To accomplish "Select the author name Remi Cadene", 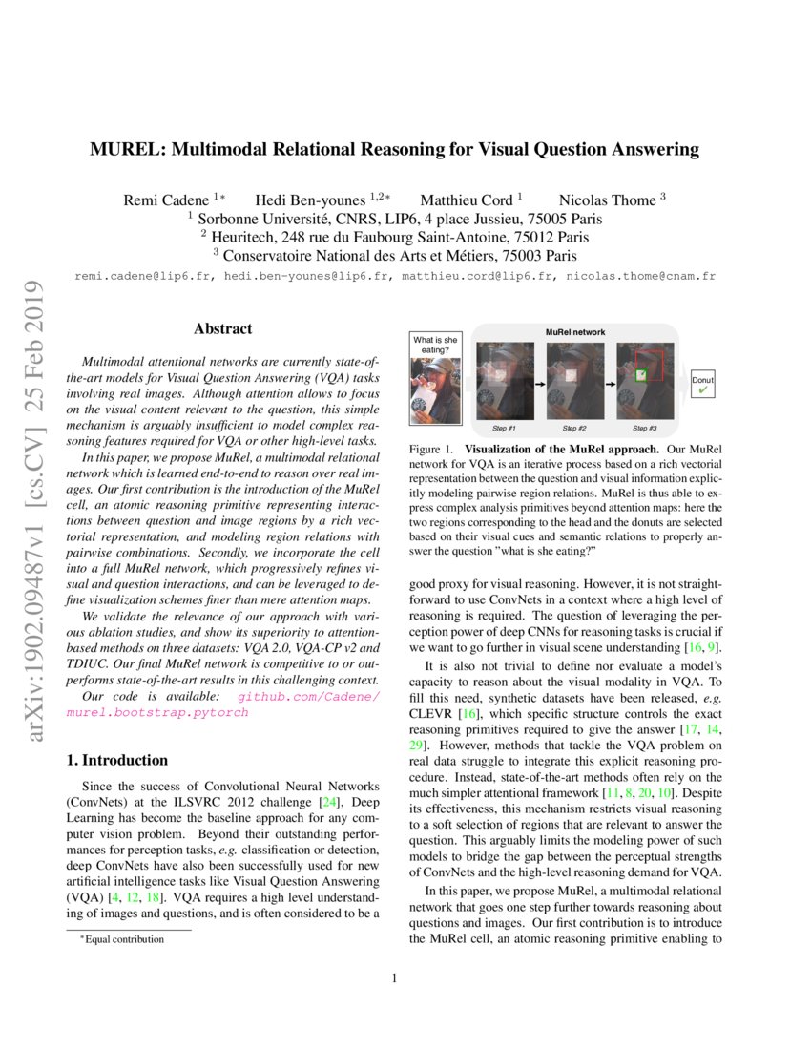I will point(168,200).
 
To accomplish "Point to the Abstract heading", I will point(223,329).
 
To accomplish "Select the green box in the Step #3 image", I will point(641,375).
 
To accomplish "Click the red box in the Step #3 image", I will point(656,364).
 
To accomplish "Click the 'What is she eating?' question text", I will point(435,345).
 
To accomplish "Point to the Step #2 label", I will point(576,428).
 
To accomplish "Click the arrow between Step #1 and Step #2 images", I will point(538,383).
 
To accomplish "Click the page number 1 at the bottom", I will point(394,977).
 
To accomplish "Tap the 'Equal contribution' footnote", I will point(124,938).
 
